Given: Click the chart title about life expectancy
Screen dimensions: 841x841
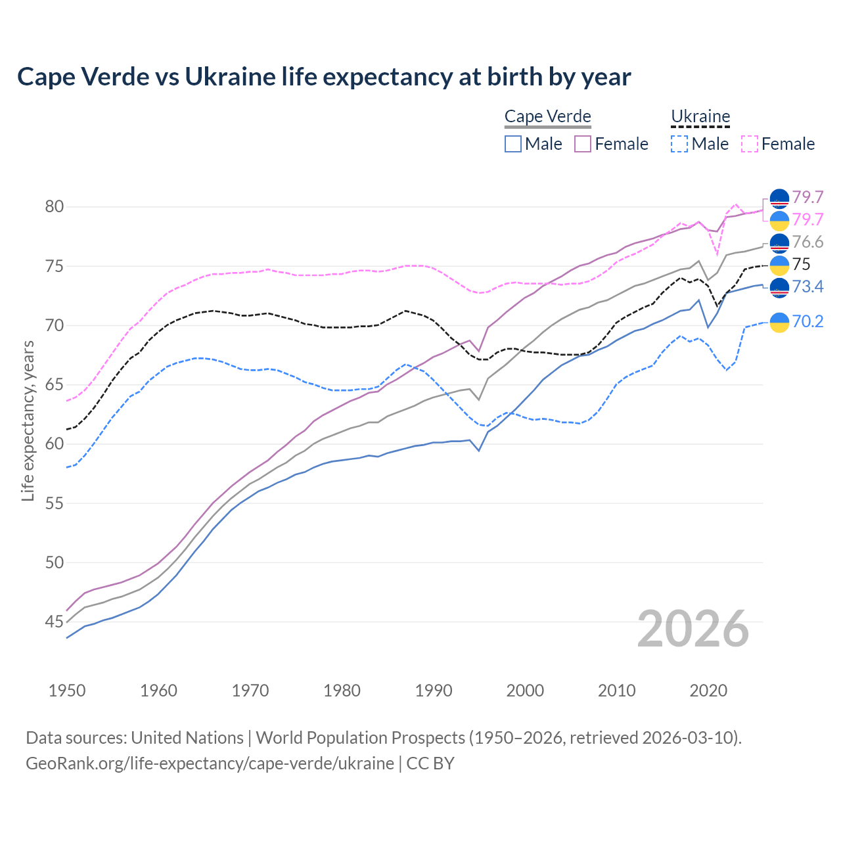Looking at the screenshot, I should tap(324, 77).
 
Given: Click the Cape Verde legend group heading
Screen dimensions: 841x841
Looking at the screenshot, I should tap(547, 116).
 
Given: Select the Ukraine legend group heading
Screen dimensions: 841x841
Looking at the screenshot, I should tap(700, 116).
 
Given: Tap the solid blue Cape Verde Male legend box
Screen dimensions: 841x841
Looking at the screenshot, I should tap(513, 144).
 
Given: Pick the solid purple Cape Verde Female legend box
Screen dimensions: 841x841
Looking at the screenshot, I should tap(583, 144).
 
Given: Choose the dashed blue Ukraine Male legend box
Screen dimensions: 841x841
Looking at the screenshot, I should tap(679, 144).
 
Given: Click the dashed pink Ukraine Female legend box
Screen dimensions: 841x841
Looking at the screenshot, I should tap(750, 144).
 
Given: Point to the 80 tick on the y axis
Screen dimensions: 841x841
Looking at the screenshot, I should tap(54, 207).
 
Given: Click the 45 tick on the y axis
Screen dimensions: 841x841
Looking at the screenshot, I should tap(54, 622).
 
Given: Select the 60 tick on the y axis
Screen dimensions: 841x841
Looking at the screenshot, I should tap(54, 444).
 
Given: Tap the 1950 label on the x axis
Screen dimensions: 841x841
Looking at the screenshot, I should tap(67, 691).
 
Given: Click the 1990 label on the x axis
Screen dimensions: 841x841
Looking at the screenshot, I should tap(434, 691).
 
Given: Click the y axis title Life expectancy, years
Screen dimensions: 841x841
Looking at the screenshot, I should tap(28, 420).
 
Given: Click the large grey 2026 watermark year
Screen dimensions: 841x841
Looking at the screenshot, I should tap(693, 629).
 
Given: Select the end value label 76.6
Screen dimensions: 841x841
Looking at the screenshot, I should tap(807, 242).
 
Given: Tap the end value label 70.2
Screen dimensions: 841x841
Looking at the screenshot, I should tap(807, 321).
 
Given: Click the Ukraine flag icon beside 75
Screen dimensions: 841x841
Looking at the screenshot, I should tap(779, 265).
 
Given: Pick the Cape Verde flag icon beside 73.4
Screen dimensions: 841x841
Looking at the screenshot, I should tap(779, 287).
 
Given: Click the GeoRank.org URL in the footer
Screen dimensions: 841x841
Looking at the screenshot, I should tap(210, 763).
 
